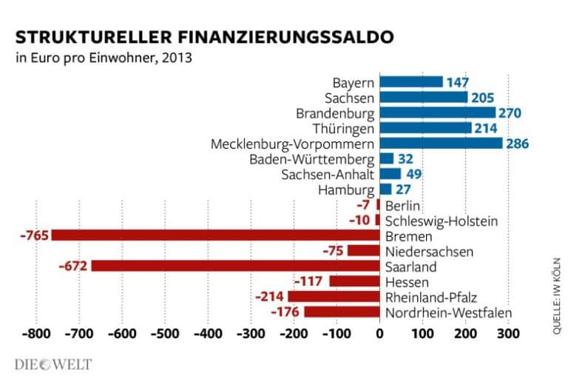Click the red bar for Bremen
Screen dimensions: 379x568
(214, 236)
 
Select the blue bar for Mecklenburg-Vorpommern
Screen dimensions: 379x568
(441, 143)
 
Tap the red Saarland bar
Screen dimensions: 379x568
(235, 266)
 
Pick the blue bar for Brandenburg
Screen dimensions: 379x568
(437, 113)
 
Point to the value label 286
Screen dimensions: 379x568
(518, 143)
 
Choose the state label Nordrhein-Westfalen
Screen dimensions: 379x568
(449, 313)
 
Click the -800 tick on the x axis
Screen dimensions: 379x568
(35, 334)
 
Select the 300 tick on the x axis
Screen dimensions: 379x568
(507, 334)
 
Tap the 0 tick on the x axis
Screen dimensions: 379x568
(379, 334)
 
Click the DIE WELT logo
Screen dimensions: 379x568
(53, 364)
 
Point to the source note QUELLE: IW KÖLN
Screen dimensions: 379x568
(556, 297)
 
